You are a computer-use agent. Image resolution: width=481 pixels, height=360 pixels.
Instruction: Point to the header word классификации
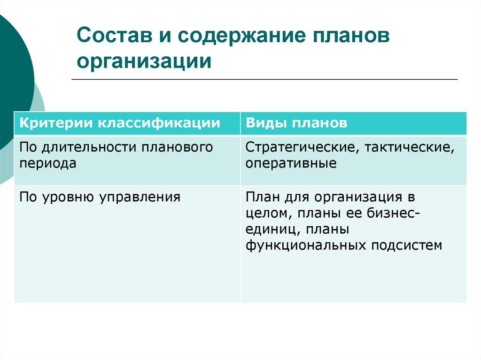pos(158,123)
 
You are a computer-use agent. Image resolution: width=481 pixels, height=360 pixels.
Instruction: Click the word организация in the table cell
pos(353,197)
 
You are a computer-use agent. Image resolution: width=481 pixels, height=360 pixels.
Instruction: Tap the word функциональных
pos(307,245)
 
